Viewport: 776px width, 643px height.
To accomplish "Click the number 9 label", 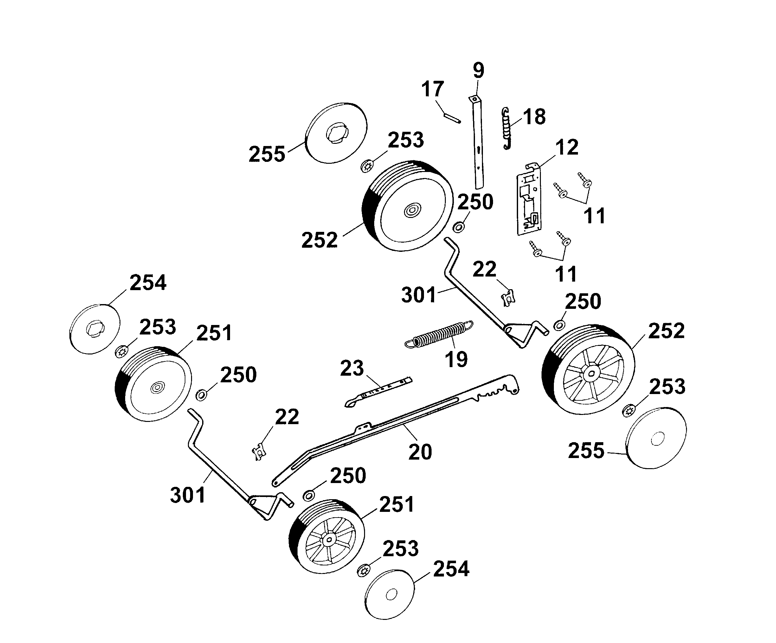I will (x=478, y=70).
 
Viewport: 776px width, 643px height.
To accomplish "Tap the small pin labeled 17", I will (x=452, y=117).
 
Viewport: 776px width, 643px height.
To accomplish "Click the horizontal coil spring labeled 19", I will (x=439, y=334).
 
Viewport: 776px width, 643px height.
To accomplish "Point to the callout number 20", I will (x=420, y=452).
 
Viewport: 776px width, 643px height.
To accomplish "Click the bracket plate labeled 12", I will (x=529, y=201).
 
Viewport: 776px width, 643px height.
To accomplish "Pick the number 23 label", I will (x=352, y=368).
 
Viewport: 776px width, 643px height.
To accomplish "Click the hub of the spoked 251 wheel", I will (x=328, y=540).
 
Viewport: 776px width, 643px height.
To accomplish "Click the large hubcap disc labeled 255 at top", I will (x=337, y=133).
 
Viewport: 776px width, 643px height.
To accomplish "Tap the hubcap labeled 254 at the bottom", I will (x=389, y=595).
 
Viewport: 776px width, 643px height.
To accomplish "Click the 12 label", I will (x=567, y=147).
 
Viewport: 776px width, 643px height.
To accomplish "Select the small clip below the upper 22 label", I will (x=508, y=298).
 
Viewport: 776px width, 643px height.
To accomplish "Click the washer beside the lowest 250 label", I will (x=309, y=496).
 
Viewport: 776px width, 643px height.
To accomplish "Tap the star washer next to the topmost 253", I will (x=367, y=166).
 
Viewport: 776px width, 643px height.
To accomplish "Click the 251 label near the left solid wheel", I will (x=214, y=333).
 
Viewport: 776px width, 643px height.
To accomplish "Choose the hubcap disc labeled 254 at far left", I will (x=95, y=329).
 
